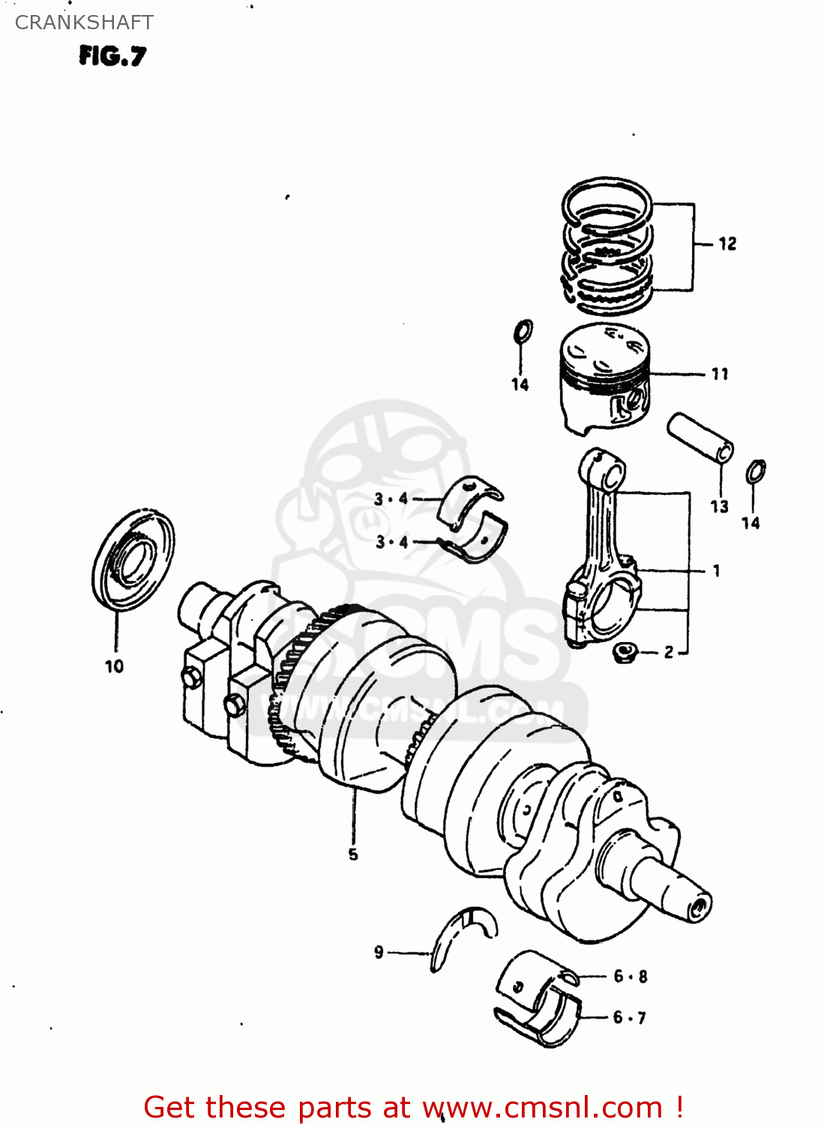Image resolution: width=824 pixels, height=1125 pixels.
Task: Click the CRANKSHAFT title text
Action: (x=84, y=22)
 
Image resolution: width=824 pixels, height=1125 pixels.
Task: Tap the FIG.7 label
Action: (x=112, y=56)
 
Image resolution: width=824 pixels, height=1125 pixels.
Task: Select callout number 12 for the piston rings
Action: (x=727, y=244)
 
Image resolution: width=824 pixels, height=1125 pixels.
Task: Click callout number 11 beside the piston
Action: (x=720, y=373)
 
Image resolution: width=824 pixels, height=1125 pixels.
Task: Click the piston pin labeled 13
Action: (x=701, y=436)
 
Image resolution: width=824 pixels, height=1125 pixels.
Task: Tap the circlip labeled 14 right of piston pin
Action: (x=756, y=472)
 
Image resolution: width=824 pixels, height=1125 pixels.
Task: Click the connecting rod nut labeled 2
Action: (x=623, y=652)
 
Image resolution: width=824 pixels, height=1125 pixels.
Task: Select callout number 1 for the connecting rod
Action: (x=716, y=571)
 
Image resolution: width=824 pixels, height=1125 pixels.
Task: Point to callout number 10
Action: (x=114, y=666)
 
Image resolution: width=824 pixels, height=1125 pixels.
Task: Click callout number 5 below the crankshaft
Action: (x=353, y=853)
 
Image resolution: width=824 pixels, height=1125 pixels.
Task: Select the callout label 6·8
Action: (x=630, y=976)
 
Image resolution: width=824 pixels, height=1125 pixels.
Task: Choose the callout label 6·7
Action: (x=629, y=1017)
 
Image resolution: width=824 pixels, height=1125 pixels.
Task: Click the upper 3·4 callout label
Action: (x=391, y=499)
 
